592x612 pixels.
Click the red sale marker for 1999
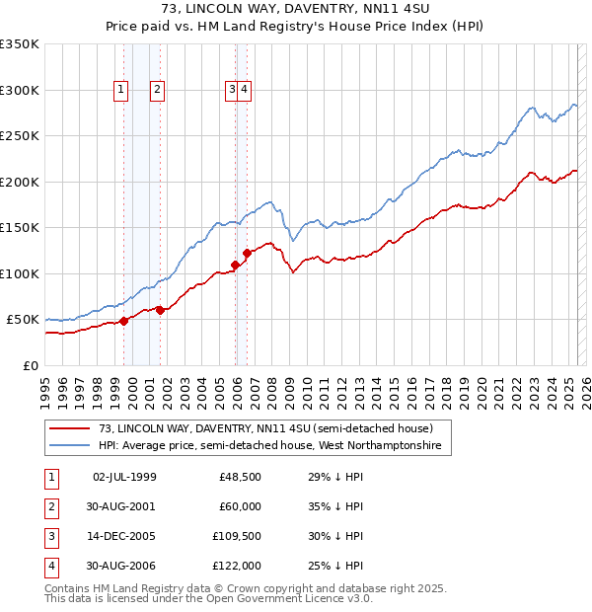tap(124, 321)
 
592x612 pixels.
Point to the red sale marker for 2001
tap(160, 310)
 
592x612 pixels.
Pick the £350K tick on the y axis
tap(20, 44)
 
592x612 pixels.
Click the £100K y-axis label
tap(20, 273)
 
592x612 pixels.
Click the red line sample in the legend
tap(69, 428)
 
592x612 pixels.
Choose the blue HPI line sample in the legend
tap(69, 446)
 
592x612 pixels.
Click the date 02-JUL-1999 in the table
tap(124, 478)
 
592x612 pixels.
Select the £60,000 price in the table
tap(240, 507)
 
